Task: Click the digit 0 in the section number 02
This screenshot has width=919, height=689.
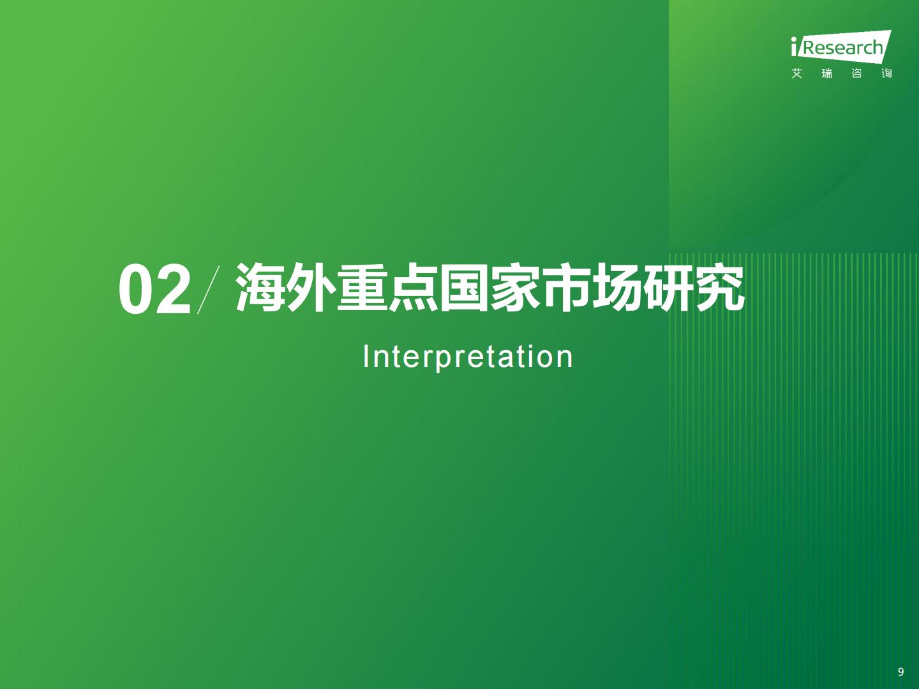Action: [136, 290]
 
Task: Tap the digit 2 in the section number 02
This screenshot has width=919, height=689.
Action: [173, 289]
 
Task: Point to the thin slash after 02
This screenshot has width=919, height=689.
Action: [208, 290]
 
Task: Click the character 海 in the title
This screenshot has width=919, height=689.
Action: [260, 288]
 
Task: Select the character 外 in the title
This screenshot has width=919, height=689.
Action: [311, 288]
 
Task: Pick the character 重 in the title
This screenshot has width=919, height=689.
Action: [362, 288]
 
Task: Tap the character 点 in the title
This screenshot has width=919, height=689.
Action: [414, 288]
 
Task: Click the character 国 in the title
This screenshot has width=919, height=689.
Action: [465, 288]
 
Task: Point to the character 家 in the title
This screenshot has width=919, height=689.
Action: [516, 288]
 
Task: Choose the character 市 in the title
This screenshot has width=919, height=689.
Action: [567, 288]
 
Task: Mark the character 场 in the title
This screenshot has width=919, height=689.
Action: [618, 288]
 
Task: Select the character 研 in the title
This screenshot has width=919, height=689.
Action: [669, 288]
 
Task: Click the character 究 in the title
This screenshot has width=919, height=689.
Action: [720, 288]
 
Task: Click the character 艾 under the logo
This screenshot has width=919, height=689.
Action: [796, 73]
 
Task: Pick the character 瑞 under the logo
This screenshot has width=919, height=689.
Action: [827, 73]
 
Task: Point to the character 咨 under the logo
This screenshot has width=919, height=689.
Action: [856, 73]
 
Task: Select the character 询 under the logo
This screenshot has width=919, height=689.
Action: [886, 73]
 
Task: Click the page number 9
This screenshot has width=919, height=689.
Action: [900, 671]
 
